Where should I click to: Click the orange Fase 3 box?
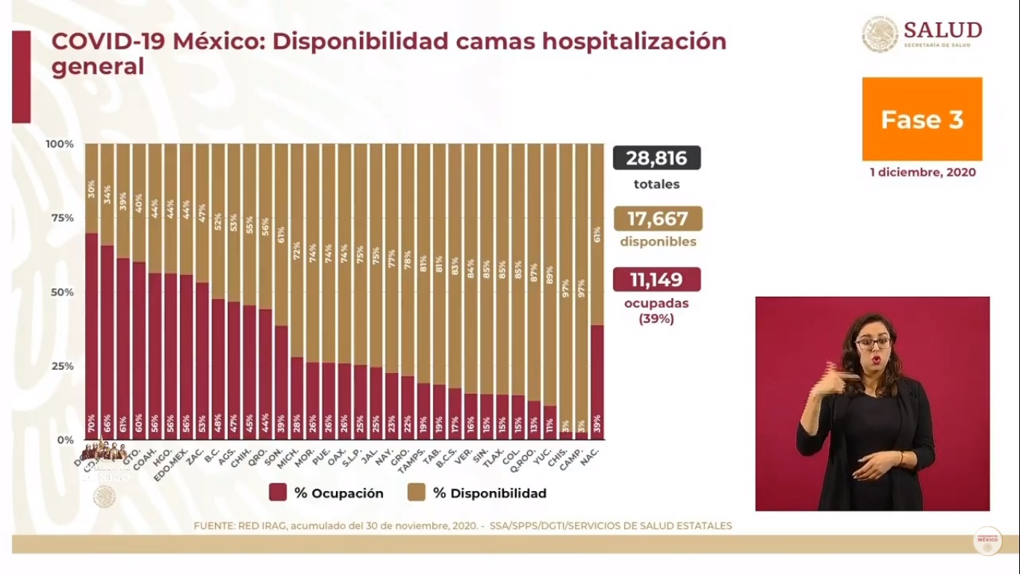921,119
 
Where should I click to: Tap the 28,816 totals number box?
656,158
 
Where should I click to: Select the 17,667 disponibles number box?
657,218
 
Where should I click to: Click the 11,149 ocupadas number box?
656,280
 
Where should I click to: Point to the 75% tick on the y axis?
60,217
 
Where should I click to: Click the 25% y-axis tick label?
60,365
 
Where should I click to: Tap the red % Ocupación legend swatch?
278,493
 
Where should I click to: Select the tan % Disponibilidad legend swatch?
417,493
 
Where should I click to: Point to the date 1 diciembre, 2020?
922,173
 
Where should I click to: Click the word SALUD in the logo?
942,30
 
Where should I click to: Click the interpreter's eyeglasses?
872,344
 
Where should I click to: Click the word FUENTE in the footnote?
215,525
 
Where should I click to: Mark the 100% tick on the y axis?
60,143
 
